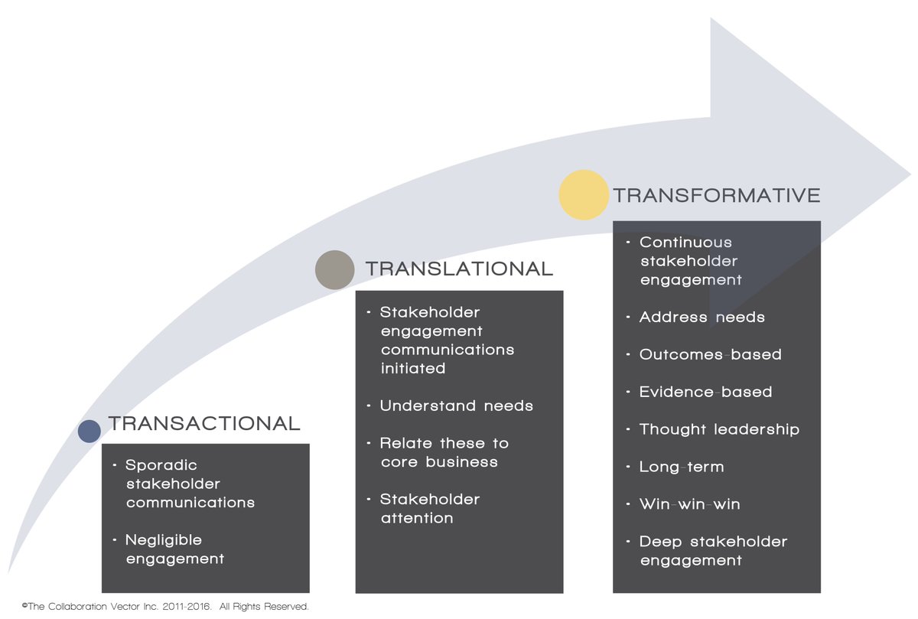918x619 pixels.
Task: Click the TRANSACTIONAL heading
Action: tap(204, 423)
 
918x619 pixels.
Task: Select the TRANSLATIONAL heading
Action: tap(460, 269)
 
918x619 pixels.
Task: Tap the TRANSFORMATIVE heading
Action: tap(717, 195)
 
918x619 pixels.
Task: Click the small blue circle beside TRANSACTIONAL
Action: tap(90, 431)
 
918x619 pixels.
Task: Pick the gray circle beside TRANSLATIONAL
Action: tap(335, 270)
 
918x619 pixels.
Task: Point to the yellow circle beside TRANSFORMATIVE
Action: tap(584, 194)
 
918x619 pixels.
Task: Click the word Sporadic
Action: tap(161, 466)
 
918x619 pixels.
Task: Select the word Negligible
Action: tap(164, 540)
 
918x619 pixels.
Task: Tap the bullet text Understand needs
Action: tap(456, 406)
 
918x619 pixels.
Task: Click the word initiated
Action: tap(413, 368)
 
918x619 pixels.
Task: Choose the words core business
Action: tap(439, 462)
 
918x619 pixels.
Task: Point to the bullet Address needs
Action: tap(702, 317)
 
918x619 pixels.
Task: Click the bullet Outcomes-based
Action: tap(710, 354)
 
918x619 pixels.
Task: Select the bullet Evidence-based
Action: tap(705, 392)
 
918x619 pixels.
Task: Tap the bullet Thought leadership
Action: tap(719, 429)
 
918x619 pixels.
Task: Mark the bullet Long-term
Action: tap(682, 467)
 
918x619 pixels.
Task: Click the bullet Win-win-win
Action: tap(690, 503)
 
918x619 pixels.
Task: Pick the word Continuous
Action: tap(685, 243)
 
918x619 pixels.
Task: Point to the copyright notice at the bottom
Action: tap(165, 606)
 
